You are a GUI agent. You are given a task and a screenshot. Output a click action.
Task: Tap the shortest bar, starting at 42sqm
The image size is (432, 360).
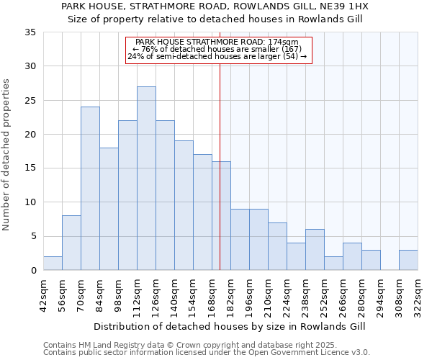tap(53, 264)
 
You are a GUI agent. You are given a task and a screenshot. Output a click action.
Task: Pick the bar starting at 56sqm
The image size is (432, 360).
tap(71, 243)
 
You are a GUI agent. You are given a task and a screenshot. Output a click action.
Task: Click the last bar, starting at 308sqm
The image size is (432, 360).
tap(408, 260)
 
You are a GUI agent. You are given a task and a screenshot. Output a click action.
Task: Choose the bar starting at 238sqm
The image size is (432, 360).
tap(315, 250)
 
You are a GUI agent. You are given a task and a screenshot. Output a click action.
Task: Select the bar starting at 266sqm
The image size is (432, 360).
tap(352, 256)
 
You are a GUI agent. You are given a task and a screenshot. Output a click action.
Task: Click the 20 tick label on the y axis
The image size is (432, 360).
tap(30, 135)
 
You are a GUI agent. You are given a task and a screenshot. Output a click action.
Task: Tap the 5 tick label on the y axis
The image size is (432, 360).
tap(33, 237)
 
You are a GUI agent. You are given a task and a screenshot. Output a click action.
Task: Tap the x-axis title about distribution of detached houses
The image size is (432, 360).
tap(230, 326)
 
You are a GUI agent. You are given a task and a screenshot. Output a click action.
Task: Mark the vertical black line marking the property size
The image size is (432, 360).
tap(220, 180)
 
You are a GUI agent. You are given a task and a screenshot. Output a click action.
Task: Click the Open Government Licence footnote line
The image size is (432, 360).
tap(207, 352)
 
